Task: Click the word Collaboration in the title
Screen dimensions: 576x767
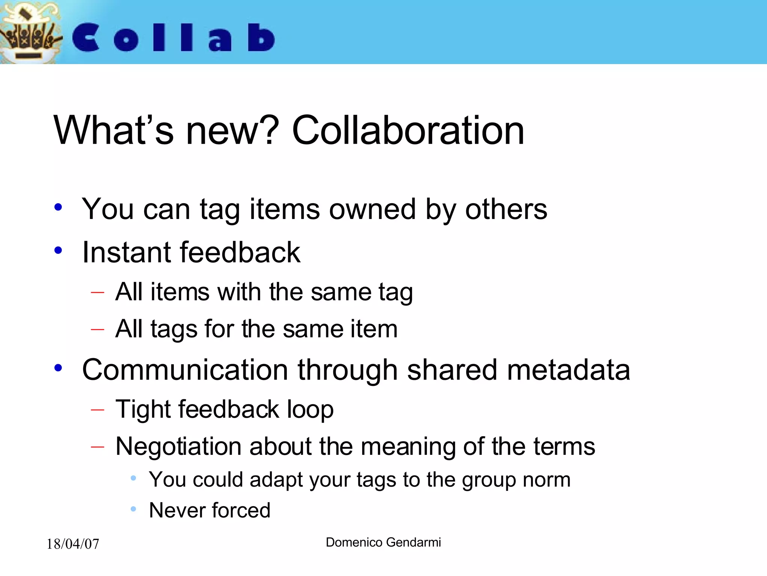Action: coord(408,130)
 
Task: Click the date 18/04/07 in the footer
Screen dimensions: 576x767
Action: coord(73,544)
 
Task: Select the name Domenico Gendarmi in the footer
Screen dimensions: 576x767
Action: coord(383,542)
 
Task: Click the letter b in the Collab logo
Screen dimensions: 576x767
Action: coord(261,37)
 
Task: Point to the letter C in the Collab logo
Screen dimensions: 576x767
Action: coord(86,37)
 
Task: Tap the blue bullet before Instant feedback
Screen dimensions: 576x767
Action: coord(58,250)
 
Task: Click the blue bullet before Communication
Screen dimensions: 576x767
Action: coord(58,368)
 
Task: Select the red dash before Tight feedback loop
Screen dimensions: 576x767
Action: coord(97,409)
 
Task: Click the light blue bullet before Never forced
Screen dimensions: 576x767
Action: coord(133,509)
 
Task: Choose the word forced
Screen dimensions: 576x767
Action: coord(241,510)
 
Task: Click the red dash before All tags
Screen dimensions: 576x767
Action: coord(97,329)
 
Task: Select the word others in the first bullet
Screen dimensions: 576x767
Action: coord(506,209)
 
